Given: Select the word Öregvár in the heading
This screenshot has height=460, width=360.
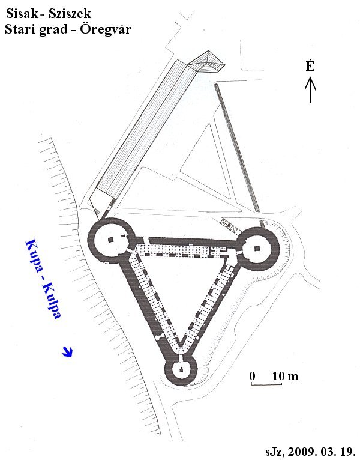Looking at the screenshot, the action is click(x=106, y=29).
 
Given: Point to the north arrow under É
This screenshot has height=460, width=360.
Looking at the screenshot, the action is click(x=310, y=89).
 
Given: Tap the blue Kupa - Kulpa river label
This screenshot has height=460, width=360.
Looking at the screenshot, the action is click(x=44, y=279).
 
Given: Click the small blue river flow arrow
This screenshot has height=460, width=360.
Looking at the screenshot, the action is click(x=68, y=351).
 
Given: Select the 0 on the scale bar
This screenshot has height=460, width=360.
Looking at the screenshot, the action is click(x=253, y=376).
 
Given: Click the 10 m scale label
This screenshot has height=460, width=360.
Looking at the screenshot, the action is click(x=285, y=376).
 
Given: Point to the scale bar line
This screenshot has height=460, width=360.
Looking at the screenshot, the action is click(x=266, y=384).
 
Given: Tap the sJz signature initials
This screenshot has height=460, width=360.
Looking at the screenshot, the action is click(x=275, y=451).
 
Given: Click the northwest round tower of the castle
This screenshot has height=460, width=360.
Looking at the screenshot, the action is click(x=112, y=241).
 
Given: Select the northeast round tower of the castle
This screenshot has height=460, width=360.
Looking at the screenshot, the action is click(x=257, y=249).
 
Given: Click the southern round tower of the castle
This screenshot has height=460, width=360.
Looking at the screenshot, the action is click(x=181, y=369).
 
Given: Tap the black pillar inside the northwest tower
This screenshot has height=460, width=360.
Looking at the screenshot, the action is click(x=110, y=240).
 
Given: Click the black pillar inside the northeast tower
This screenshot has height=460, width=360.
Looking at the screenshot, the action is click(x=257, y=249).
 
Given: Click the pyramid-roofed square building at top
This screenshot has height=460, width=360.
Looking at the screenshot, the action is click(x=206, y=62).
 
